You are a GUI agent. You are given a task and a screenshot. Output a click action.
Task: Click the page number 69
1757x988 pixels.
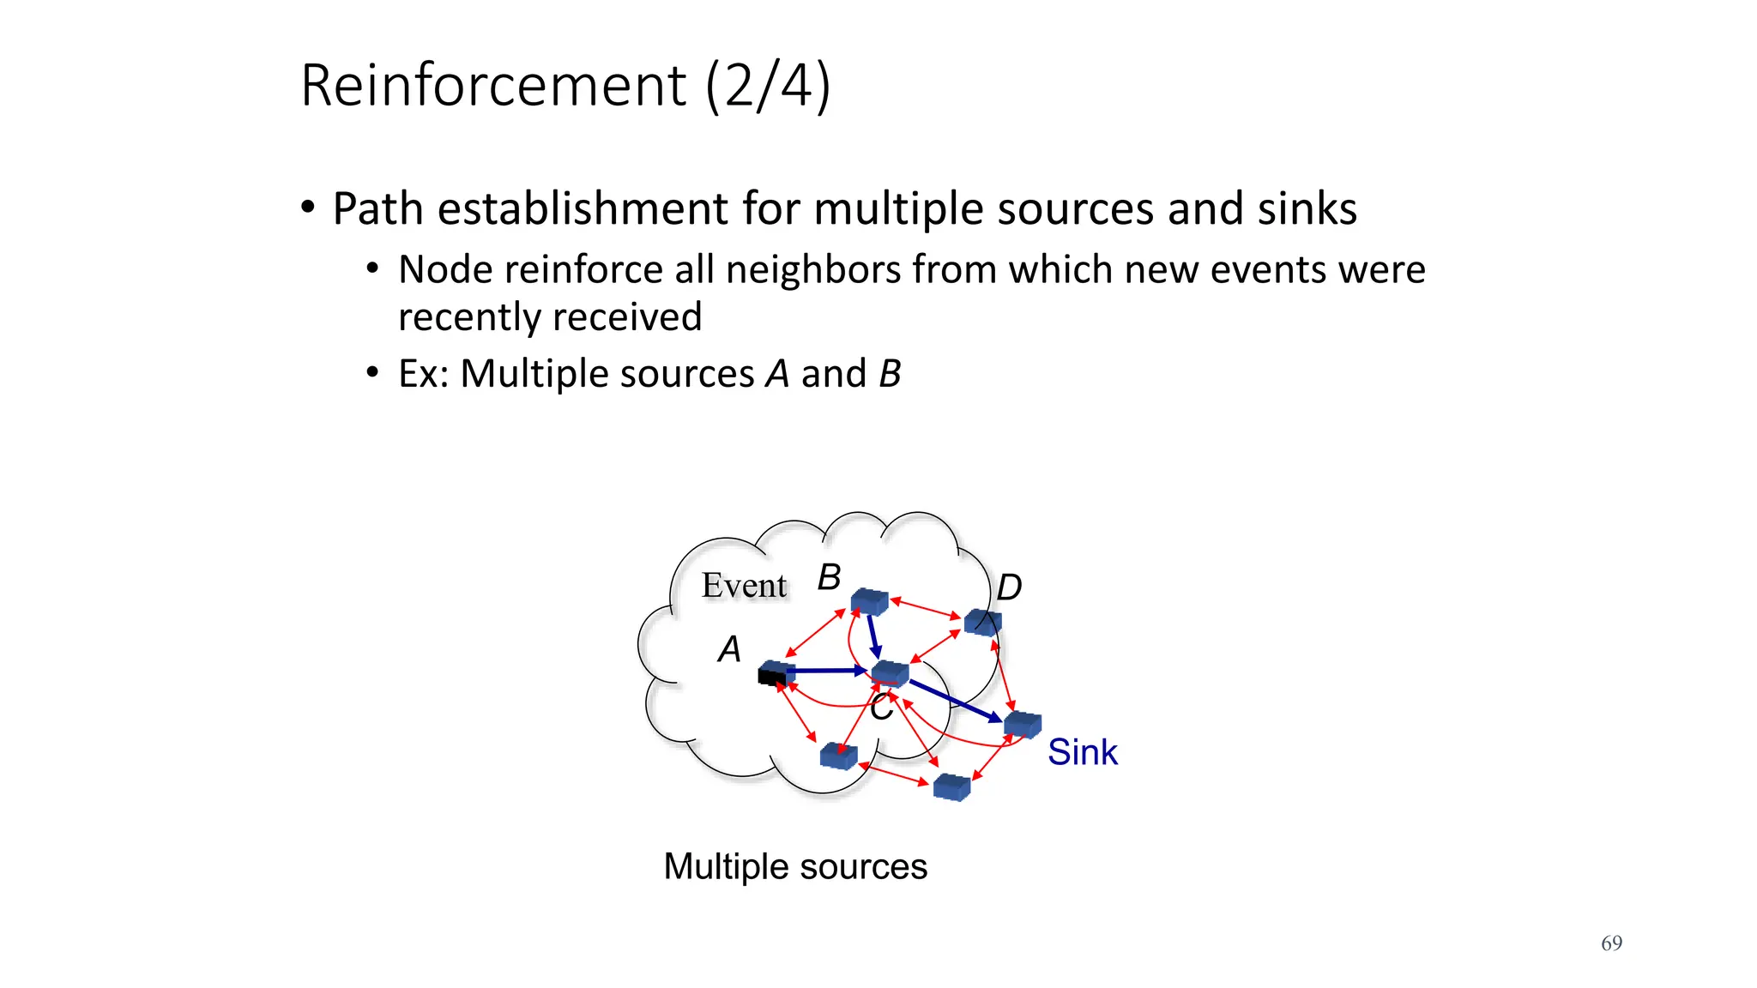coord(1611,943)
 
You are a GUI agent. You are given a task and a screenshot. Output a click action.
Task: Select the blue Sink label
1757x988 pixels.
coord(1082,752)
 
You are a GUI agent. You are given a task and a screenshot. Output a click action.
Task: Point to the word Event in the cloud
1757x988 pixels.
coord(744,586)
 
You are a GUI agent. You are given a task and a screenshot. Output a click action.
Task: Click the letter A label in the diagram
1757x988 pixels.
coord(729,649)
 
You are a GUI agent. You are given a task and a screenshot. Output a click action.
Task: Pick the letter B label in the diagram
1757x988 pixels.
coord(829,577)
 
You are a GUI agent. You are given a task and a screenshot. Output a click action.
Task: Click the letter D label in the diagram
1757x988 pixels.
coord(1009,588)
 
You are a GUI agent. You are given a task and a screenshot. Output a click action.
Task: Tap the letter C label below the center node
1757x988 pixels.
coord(881,709)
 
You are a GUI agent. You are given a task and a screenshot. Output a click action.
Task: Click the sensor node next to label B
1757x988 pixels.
coord(869,601)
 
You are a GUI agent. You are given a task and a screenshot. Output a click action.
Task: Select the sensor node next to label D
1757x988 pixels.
coord(982,622)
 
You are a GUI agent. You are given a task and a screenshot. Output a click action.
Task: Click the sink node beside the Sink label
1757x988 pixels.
coord(1023,725)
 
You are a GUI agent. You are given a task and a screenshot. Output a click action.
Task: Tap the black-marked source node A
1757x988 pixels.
coord(776,673)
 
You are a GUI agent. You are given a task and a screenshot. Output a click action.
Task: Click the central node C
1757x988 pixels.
coord(890,673)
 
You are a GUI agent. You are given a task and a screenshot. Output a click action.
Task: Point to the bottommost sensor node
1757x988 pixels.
coord(951,786)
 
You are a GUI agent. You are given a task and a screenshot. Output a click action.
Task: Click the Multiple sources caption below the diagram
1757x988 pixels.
coord(795,866)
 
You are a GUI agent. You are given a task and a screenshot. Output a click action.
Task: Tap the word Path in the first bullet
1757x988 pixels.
coord(377,208)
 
